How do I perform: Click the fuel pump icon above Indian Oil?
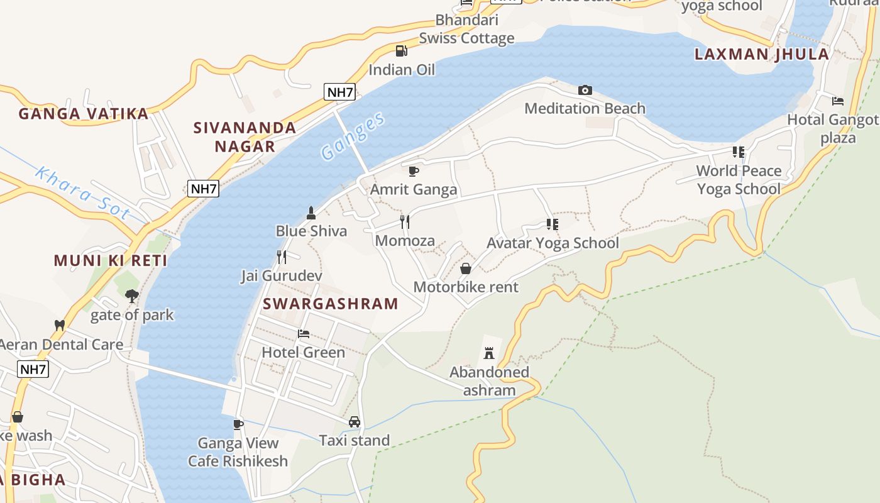click(x=401, y=51)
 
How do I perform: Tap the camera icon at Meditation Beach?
click(x=585, y=91)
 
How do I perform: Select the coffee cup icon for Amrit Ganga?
click(x=414, y=171)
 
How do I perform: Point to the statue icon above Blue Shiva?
click(x=311, y=213)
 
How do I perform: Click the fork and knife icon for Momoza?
click(x=405, y=222)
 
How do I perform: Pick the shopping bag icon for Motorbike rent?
click(x=466, y=268)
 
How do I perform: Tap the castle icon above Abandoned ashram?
click(x=489, y=353)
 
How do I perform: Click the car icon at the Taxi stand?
click(x=355, y=422)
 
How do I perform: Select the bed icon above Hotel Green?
click(x=304, y=334)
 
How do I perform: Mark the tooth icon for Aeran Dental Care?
click(x=60, y=326)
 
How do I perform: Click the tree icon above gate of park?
click(x=131, y=296)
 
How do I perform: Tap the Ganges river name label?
click(x=352, y=136)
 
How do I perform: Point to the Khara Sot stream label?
click(x=82, y=192)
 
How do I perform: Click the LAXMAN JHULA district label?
click(x=761, y=54)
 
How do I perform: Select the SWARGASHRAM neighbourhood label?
click(x=331, y=304)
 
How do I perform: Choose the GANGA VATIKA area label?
click(x=84, y=114)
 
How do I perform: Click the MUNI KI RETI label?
click(x=111, y=260)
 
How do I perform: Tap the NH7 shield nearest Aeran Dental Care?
click(x=33, y=369)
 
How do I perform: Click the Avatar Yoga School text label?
click(x=553, y=243)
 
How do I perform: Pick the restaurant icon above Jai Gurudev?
click(x=282, y=257)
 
